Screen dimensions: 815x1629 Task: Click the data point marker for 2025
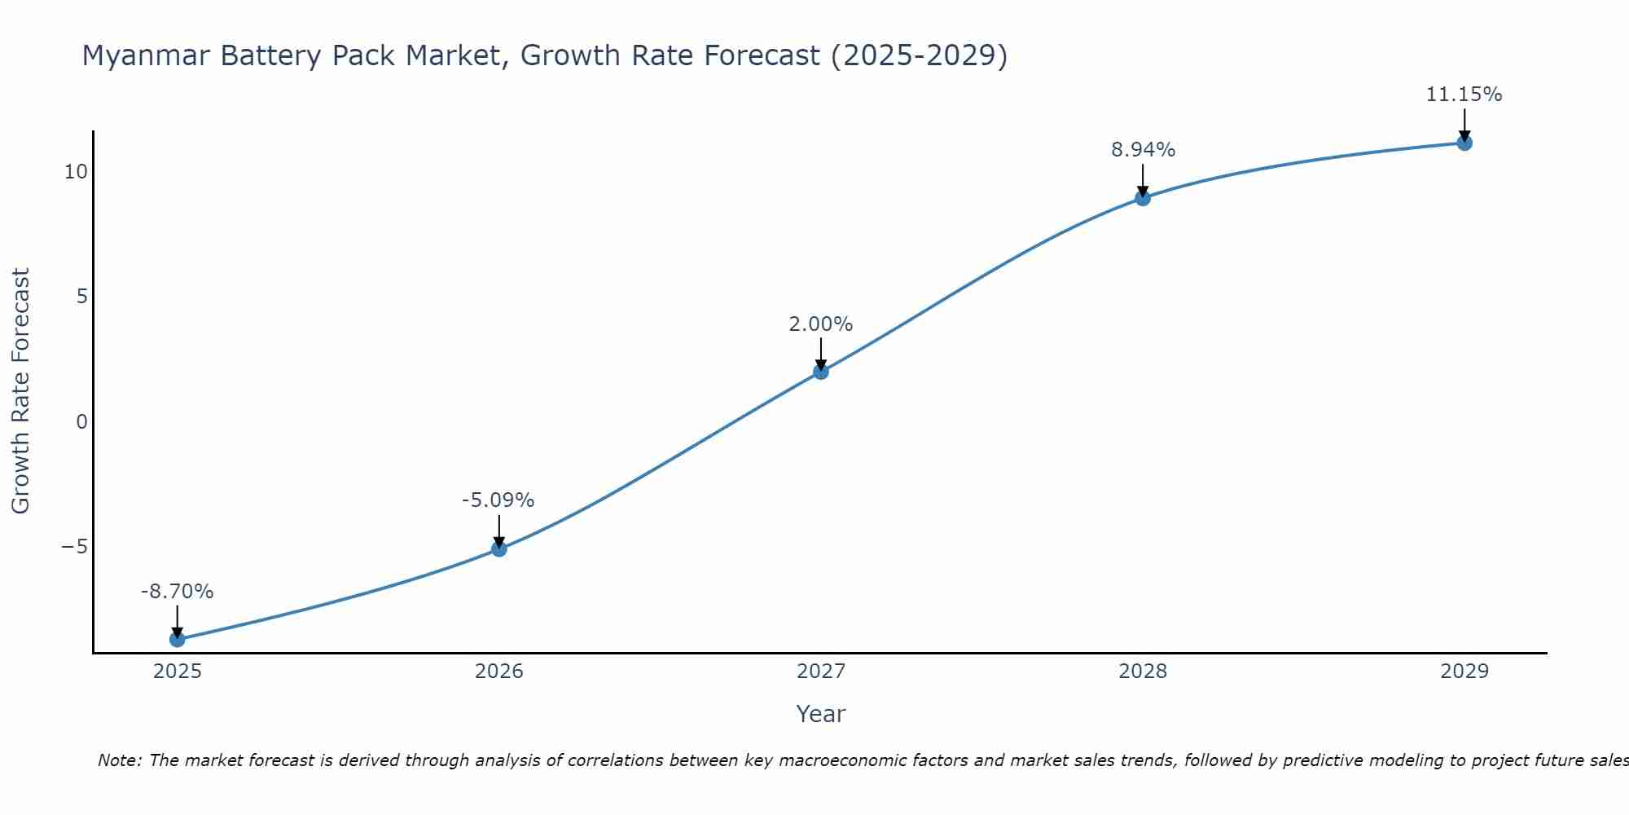(x=177, y=639)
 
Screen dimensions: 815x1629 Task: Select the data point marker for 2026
(x=499, y=548)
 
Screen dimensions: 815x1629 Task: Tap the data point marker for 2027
(x=821, y=372)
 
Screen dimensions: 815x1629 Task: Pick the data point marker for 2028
(x=1143, y=198)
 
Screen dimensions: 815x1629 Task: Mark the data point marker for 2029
(x=1464, y=143)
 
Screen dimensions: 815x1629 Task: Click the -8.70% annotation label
(x=177, y=592)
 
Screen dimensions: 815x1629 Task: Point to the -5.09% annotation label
(x=498, y=500)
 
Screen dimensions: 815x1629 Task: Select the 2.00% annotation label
(x=820, y=324)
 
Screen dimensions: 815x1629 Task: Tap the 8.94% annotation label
(x=1143, y=150)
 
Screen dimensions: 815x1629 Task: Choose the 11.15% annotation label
(x=1464, y=95)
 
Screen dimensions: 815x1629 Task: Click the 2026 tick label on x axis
(x=499, y=672)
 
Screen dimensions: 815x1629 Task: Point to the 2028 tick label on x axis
(x=1143, y=672)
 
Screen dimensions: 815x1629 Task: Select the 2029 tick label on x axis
(x=1464, y=672)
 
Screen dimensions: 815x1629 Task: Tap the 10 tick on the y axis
(x=76, y=172)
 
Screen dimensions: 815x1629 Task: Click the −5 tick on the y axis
(x=74, y=547)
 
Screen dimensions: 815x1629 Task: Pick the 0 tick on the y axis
(x=81, y=422)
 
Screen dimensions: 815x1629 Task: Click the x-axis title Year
(x=820, y=714)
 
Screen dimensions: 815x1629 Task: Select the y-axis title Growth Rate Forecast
(x=20, y=391)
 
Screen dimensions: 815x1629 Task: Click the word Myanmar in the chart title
(x=146, y=55)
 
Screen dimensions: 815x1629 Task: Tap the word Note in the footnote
(x=118, y=760)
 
